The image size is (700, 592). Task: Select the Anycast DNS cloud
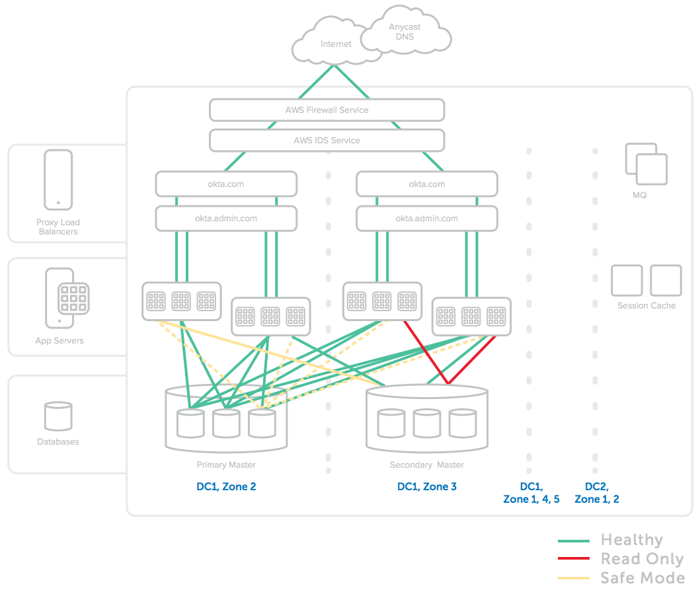pyautogui.click(x=405, y=32)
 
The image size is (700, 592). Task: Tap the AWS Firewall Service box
pyautogui.click(x=327, y=110)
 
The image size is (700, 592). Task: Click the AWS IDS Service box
pyautogui.click(x=327, y=140)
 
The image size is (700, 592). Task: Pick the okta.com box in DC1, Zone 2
pyautogui.click(x=226, y=184)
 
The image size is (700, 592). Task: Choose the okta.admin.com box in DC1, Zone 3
pyautogui.click(x=426, y=218)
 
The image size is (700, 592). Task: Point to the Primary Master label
pyautogui.click(x=226, y=465)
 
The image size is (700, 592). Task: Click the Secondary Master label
pyautogui.click(x=426, y=465)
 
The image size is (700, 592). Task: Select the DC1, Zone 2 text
pyautogui.click(x=226, y=487)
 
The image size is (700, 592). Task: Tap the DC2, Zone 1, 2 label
pyautogui.click(x=596, y=493)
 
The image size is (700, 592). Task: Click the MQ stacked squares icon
pyautogui.click(x=646, y=165)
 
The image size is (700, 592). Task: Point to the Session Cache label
pyautogui.click(x=646, y=306)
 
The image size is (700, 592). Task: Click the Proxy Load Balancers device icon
pyautogui.click(x=58, y=179)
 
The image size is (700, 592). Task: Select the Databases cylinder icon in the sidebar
pyautogui.click(x=58, y=416)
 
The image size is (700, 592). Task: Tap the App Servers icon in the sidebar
pyautogui.click(x=67, y=298)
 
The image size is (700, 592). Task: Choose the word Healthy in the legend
pyautogui.click(x=631, y=540)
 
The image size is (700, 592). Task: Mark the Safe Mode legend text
pyautogui.click(x=642, y=578)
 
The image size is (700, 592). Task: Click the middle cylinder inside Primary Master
pyautogui.click(x=226, y=424)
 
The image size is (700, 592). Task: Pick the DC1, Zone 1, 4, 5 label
pyautogui.click(x=531, y=493)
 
